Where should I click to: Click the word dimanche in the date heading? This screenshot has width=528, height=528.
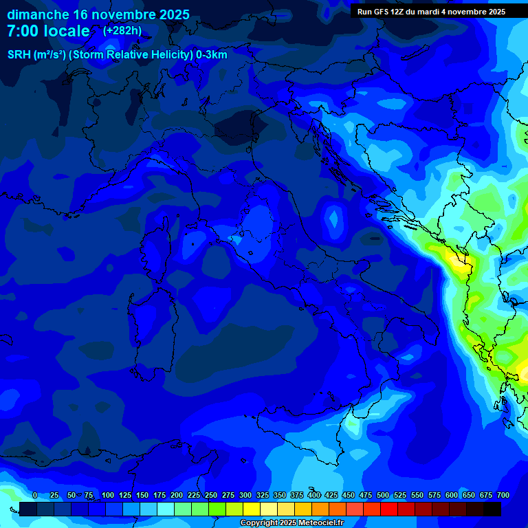tap(37, 14)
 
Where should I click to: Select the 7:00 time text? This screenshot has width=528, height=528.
tap(23, 32)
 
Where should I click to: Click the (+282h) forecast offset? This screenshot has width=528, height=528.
tap(122, 31)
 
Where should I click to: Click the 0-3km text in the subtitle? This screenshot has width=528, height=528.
tap(212, 55)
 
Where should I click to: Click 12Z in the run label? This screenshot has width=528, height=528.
tap(397, 12)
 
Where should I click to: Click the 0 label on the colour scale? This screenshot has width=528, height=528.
tap(35, 495)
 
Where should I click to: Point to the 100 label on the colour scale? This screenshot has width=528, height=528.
tap(108, 495)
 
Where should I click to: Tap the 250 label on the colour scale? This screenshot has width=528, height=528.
tap(211, 495)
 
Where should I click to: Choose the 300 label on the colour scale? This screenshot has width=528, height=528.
tap(245, 495)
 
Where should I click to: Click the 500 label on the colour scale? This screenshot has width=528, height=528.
tap(383, 495)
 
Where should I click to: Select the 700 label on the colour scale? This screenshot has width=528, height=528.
tap(503, 495)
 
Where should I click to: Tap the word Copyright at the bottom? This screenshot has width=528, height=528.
tap(259, 523)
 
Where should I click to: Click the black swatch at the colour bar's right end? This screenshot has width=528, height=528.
tap(492, 509)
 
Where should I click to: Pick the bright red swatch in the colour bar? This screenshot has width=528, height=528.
tap(389, 509)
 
